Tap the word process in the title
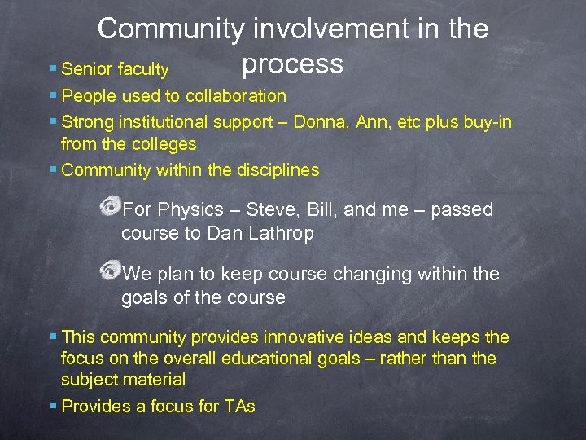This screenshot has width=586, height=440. [x=292, y=64]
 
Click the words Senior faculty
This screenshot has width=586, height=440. [x=115, y=70]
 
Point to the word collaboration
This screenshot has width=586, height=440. [x=236, y=96]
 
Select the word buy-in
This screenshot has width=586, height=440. [x=488, y=122]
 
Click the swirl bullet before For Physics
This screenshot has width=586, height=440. [x=107, y=206]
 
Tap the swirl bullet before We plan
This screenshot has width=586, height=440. [x=107, y=271]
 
